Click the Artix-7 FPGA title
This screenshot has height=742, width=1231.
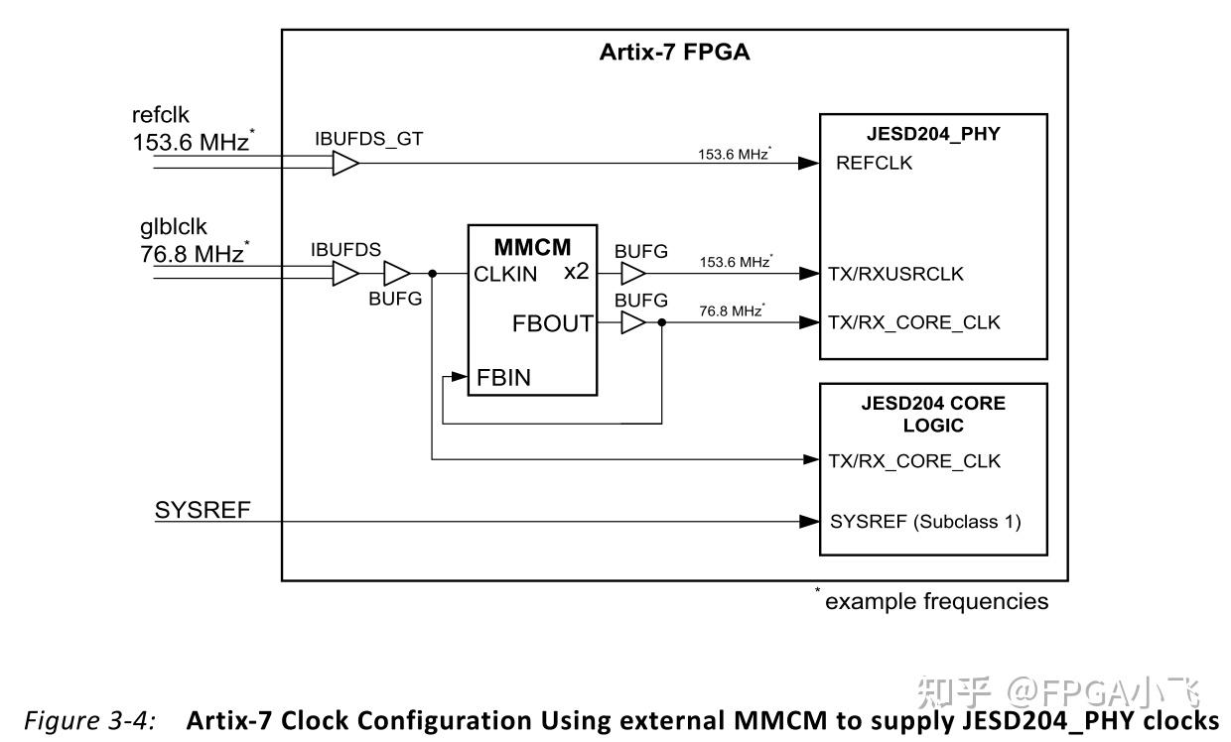point(674,53)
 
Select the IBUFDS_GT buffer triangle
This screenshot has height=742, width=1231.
point(344,164)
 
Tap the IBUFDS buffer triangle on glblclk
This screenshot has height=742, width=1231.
point(344,273)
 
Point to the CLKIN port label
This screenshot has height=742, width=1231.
point(505,275)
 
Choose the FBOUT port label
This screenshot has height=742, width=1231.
point(552,323)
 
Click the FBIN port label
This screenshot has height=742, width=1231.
point(502,378)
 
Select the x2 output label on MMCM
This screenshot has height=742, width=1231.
point(576,272)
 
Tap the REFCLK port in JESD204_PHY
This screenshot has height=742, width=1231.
point(874,164)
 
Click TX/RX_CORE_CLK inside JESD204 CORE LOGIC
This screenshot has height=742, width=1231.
point(914,461)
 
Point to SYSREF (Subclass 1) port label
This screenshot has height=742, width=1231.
point(924,522)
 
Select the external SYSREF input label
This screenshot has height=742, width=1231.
point(203,510)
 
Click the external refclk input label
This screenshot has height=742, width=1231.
point(160,115)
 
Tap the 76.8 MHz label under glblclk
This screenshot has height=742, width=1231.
point(191,254)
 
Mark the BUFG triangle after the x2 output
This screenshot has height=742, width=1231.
point(632,273)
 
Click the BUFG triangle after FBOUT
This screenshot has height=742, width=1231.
point(632,322)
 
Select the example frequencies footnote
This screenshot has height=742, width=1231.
point(934,601)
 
